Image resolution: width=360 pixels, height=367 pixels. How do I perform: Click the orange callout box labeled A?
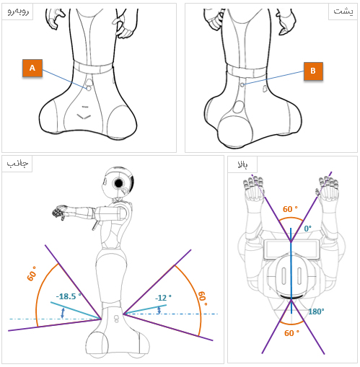point(32,68)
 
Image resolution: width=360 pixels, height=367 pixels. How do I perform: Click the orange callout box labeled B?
point(313,71)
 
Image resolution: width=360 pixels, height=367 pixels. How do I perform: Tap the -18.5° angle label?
point(69,296)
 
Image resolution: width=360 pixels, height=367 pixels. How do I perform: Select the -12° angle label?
point(163,298)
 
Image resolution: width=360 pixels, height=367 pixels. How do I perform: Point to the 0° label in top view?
point(308,229)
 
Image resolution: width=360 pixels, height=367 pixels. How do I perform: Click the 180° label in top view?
point(316,311)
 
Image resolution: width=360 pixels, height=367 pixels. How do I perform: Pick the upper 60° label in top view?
point(290,209)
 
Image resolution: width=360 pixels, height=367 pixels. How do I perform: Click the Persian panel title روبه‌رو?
point(18,12)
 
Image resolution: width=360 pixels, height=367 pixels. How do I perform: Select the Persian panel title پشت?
point(343,12)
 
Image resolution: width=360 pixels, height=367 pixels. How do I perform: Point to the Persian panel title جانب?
point(17,164)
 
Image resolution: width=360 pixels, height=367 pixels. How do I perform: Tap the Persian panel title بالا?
point(242,164)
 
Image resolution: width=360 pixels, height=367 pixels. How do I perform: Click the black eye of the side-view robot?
point(119,183)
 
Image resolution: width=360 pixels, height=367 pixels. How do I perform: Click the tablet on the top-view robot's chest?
point(291,249)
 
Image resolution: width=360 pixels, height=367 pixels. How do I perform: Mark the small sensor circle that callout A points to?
point(89,88)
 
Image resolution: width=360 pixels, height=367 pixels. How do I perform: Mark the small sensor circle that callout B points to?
point(242,85)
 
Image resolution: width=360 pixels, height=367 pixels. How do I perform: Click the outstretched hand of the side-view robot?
point(59,212)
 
